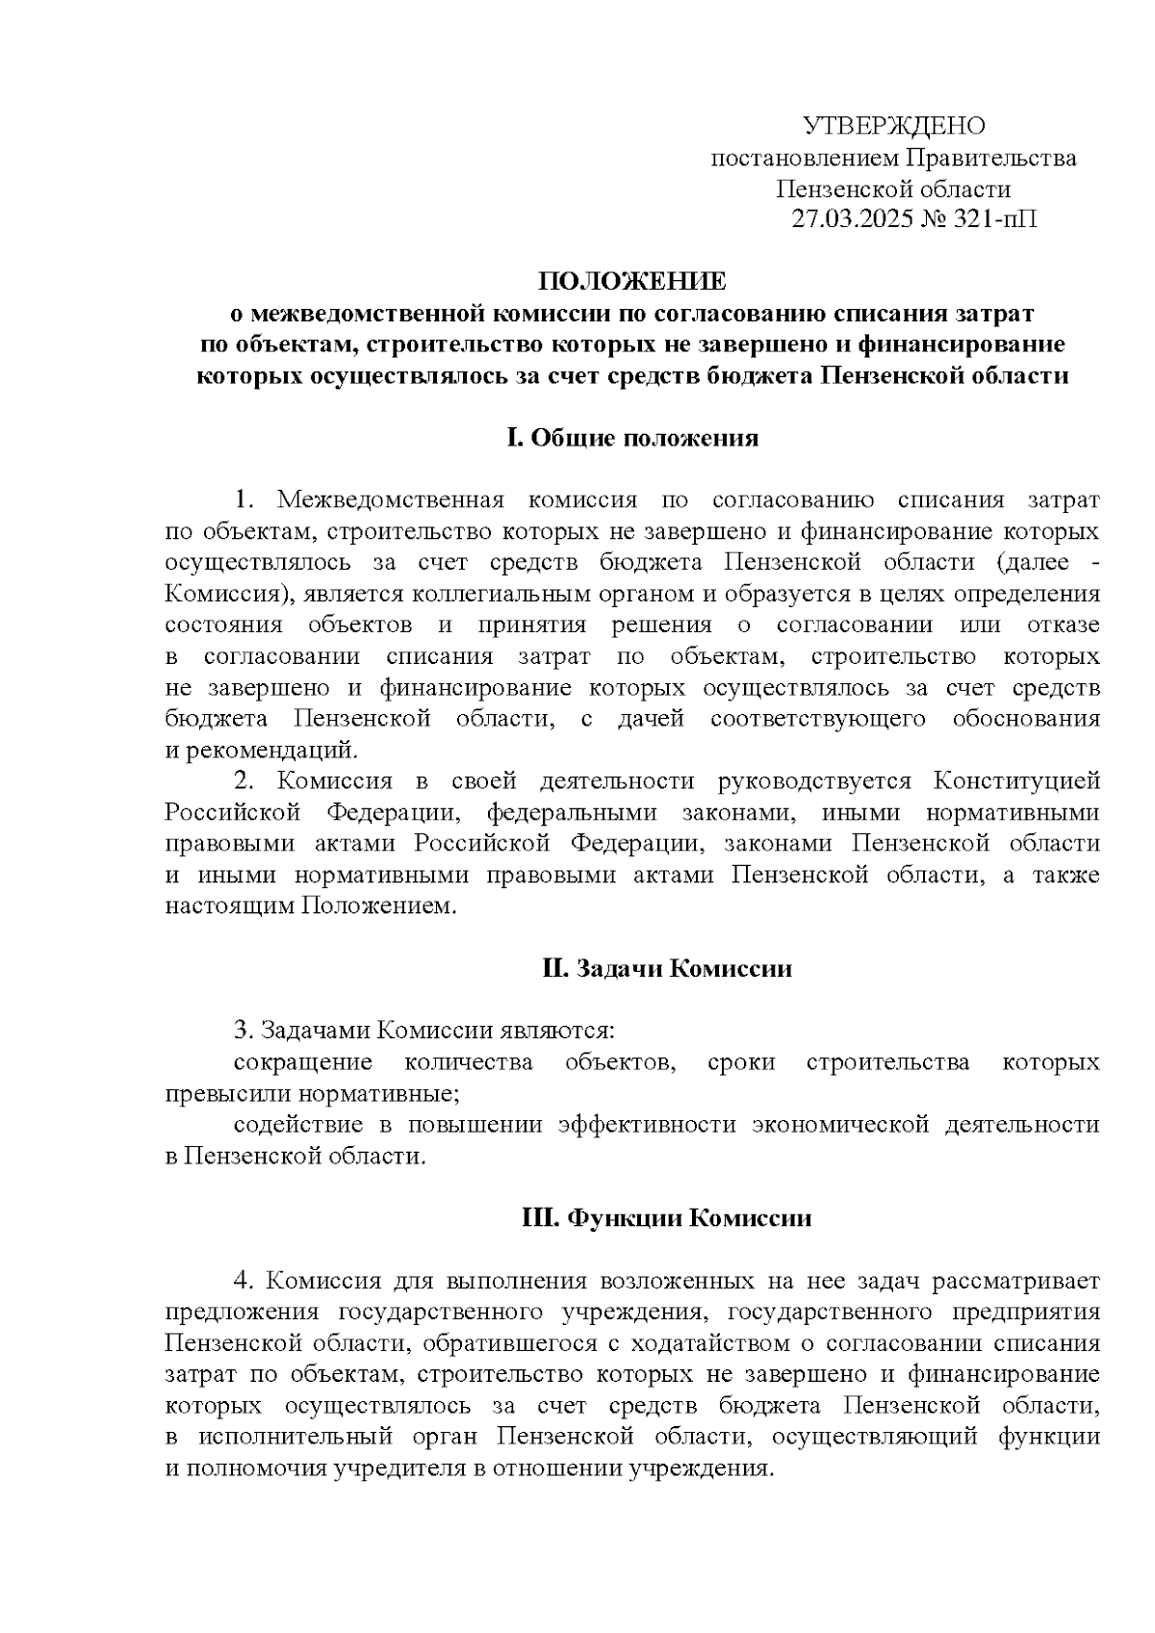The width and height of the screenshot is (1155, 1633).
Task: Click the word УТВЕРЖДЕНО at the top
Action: tap(894, 126)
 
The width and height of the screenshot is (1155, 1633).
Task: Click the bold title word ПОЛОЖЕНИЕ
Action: tap(632, 282)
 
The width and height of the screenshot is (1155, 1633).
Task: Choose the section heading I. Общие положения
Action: tap(632, 439)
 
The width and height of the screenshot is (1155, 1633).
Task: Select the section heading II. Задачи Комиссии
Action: tap(667, 968)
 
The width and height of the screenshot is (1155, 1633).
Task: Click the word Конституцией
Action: tap(1019, 781)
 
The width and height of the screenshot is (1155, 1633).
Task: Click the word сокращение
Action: tap(303, 1062)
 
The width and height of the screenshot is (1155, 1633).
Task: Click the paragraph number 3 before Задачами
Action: tap(242, 1032)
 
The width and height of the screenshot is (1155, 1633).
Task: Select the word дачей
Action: tap(651, 719)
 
